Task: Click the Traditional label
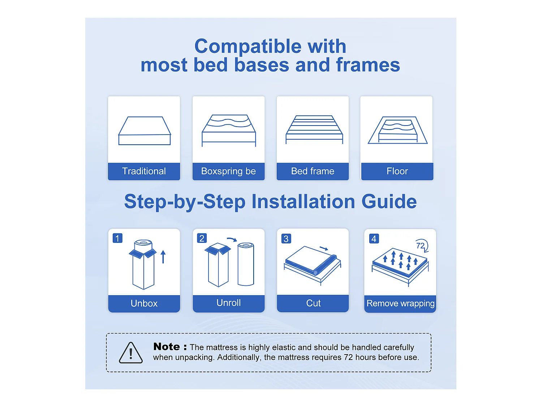pyautogui.click(x=144, y=171)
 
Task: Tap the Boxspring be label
pyautogui.click(x=228, y=171)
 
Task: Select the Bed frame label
pyautogui.click(x=313, y=171)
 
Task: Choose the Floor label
pyautogui.click(x=397, y=171)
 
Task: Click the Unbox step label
pyautogui.click(x=144, y=303)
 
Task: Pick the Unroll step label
pyautogui.click(x=228, y=303)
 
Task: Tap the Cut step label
pyautogui.click(x=313, y=303)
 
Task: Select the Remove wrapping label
pyautogui.click(x=400, y=304)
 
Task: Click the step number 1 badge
pyautogui.click(x=117, y=238)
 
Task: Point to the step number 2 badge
pyautogui.click(x=202, y=238)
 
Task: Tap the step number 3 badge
pyautogui.click(x=286, y=239)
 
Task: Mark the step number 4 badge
pyautogui.click(x=374, y=239)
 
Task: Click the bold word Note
pyautogui.click(x=167, y=347)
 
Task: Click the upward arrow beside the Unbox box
pyautogui.click(x=163, y=257)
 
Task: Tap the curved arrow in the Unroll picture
pyautogui.click(x=232, y=239)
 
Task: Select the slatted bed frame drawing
pyautogui.click(x=314, y=130)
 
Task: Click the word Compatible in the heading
pyautogui.click(x=248, y=47)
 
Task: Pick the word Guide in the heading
pyautogui.click(x=389, y=202)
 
